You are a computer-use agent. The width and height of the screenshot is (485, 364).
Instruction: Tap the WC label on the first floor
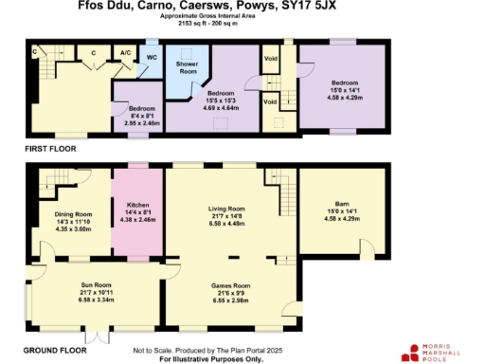tap(152, 57)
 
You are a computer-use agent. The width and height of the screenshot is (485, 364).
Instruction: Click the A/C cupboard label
tap(125, 53)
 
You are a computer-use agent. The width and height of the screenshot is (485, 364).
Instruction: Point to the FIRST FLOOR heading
tap(49, 149)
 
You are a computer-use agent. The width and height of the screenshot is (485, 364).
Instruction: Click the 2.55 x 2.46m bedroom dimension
tap(131, 122)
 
